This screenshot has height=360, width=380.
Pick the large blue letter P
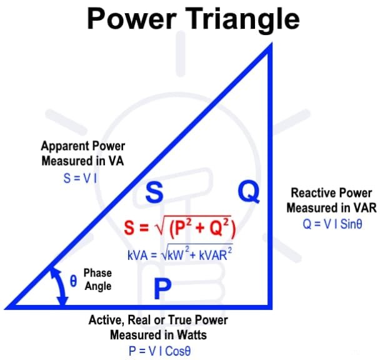tap(162, 289)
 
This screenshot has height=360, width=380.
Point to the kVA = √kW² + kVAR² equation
tap(179, 254)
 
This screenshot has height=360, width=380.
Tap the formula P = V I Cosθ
tap(159, 351)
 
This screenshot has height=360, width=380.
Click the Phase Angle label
tap(97, 279)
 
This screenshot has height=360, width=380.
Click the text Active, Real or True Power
tap(158, 320)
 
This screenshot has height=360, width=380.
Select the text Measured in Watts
tap(158, 335)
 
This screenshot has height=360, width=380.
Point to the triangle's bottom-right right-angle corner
tap(269, 306)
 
